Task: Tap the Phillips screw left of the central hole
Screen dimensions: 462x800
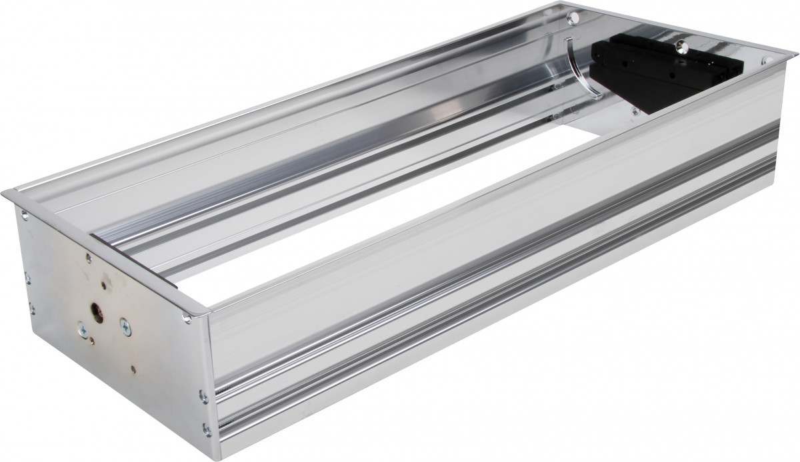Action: click(81, 328)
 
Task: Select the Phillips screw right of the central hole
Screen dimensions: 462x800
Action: click(125, 326)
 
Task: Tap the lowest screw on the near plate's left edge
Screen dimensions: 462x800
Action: click(31, 308)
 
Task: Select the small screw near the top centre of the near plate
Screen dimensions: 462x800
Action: click(87, 256)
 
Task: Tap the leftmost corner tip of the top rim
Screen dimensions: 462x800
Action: click(3, 193)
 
